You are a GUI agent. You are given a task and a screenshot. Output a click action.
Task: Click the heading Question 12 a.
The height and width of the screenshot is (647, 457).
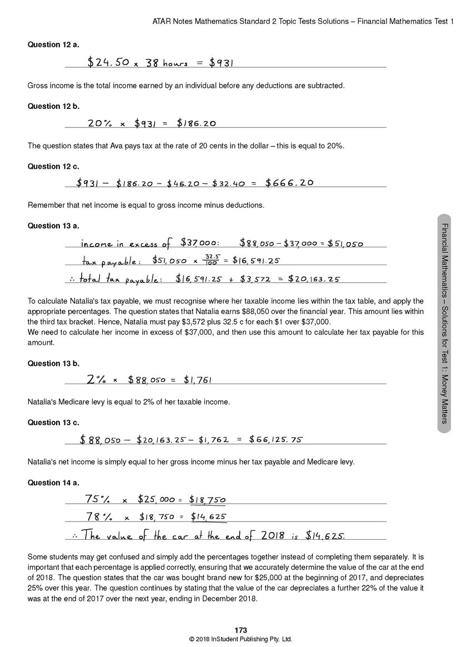click(53, 44)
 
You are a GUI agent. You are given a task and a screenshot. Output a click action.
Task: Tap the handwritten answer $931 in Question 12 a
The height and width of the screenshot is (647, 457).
click(221, 63)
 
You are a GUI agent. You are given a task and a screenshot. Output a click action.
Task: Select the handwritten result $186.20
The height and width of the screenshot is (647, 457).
click(196, 123)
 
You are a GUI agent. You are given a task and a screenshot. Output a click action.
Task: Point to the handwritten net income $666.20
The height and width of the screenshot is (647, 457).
click(289, 183)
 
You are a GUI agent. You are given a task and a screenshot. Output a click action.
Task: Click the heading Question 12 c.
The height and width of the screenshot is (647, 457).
click(53, 166)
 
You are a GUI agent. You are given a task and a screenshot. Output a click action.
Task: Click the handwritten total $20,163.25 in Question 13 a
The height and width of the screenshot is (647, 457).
click(314, 279)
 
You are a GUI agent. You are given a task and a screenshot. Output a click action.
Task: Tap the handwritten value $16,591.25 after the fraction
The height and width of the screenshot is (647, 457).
click(255, 260)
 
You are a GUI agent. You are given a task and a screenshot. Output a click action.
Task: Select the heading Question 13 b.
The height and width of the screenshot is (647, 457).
click(53, 364)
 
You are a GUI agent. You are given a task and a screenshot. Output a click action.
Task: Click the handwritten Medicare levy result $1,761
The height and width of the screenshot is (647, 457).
click(197, 380)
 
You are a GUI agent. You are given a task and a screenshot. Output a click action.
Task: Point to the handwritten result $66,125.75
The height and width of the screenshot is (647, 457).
click(275, 440)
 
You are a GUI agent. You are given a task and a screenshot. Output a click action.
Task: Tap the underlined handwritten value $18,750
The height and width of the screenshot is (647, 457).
click(207, 500)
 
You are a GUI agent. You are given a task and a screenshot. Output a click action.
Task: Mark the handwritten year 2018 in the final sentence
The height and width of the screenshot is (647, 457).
click(271, 536)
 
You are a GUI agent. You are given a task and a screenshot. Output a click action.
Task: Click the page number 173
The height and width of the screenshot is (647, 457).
click(240, 630)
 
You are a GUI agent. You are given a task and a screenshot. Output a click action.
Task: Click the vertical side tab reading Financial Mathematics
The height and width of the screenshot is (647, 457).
click(444, 322)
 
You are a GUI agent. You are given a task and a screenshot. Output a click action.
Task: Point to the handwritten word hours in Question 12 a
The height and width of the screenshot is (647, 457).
click(175, 64)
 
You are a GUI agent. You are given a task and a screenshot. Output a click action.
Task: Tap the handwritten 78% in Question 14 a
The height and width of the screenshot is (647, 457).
click(99, 517)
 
